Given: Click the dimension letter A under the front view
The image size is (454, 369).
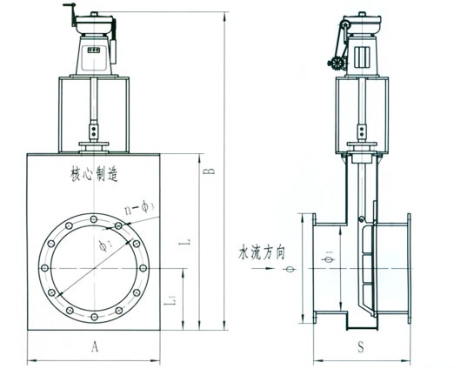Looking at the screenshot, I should coord(95,346).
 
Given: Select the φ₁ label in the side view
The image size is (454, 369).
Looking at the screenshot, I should coord(329,257).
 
